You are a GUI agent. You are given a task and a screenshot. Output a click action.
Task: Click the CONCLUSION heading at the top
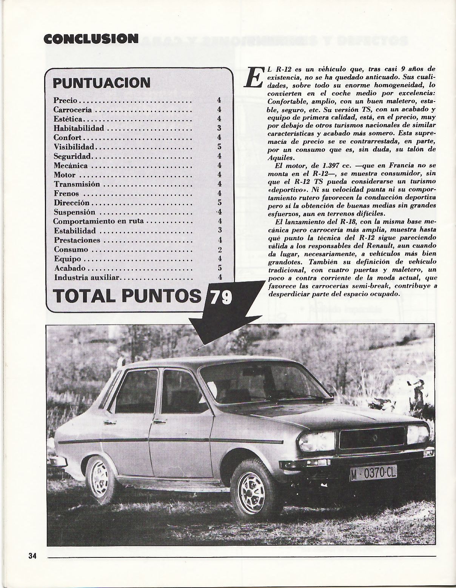91,38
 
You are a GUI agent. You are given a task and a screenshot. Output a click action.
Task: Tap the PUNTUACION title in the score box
102,82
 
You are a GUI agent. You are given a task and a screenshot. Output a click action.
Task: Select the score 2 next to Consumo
219,250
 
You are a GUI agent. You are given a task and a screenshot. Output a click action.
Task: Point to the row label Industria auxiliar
87,278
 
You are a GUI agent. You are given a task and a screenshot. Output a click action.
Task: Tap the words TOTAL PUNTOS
128,296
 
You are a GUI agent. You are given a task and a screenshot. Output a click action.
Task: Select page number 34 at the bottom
32,556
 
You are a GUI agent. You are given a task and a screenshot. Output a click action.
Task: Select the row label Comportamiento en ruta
99,221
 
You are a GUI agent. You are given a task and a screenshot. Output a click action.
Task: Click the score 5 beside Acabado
219,268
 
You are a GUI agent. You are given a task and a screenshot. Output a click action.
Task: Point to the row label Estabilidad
75,231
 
